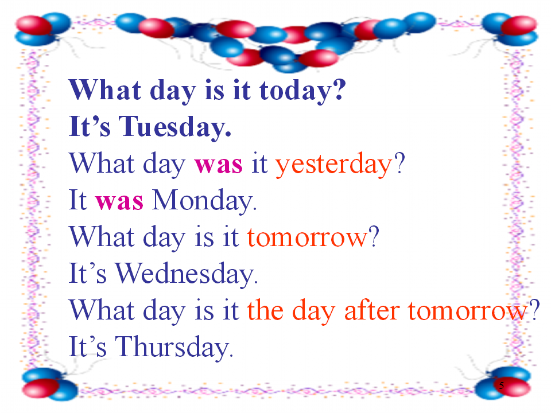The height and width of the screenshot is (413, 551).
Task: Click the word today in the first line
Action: click(295, 91)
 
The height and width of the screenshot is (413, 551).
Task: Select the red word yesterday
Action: click(333, 165)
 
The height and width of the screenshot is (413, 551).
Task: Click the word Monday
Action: click(204, 200)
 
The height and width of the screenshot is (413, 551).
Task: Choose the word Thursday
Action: click(174, 346)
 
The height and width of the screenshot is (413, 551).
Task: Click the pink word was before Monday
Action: click(119, 202)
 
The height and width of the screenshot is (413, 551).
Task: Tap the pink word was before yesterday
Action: click(219, 165)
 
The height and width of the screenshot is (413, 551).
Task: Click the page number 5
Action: click(502, 385)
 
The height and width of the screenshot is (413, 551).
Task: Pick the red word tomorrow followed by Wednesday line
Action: click(307, 237)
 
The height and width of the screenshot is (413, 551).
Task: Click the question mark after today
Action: click(339, 89)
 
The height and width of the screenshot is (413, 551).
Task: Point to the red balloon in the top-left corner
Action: click(33, 25)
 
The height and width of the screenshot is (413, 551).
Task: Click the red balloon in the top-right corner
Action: click(519, 25)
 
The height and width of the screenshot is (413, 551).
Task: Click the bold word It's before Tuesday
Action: click(90, 126)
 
